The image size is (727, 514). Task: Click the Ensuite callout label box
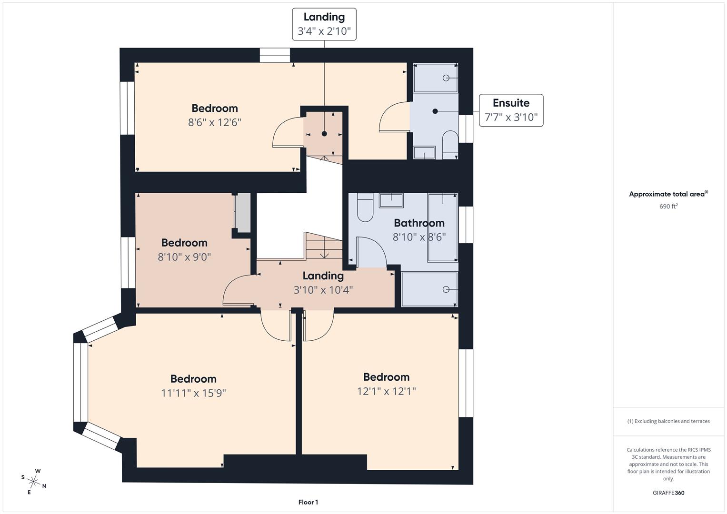[x=511, y=110]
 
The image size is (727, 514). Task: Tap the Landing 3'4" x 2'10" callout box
[x=324, y=24]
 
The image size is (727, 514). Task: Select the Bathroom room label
[x=419, y=223]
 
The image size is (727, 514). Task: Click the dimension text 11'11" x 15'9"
[x=193, y=393]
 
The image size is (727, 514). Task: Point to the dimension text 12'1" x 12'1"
[x=386, y=391]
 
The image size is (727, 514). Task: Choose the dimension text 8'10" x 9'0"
[x=184, y=257]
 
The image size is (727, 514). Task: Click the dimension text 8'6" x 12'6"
[x=214, y=122]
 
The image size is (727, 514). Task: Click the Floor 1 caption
[x=308, y=502]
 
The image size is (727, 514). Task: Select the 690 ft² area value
[x=668, y=207]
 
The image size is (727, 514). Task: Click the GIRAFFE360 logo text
[x=668, y=493]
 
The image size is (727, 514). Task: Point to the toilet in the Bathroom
[x=365, y=208]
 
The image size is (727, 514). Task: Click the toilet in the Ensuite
[x=450, y=144]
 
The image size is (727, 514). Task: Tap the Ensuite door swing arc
[x=393, y=117]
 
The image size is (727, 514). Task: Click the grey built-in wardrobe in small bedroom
[x=243, y=212]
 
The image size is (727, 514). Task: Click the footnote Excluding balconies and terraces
[x=668, y=421]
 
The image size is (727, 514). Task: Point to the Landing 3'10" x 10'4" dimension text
[x=323, y=290]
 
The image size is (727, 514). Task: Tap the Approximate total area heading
[x=668, y=194]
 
